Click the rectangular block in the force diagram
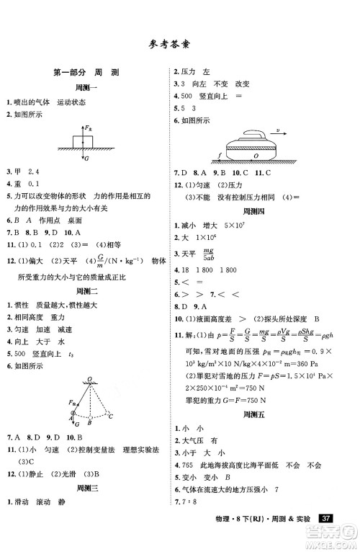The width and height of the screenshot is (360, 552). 84,139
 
